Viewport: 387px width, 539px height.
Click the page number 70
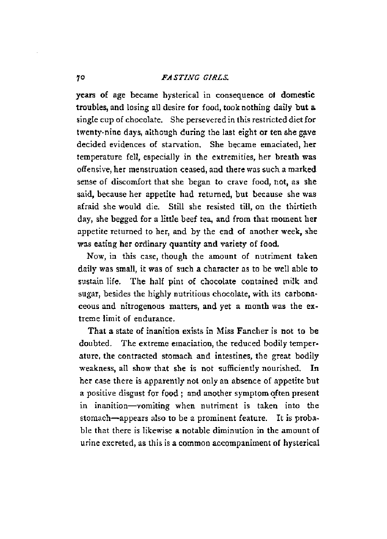79,78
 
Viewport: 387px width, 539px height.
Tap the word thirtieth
301,207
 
